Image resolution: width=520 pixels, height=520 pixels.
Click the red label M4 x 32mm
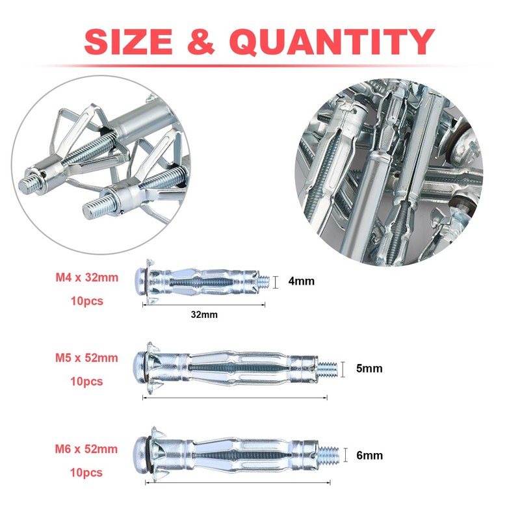pos(87,278)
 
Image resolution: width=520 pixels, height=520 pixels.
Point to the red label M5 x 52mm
pos(87,357)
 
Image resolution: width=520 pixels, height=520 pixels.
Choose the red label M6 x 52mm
pos(87,448)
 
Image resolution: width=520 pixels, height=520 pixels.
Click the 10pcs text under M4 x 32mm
pos(86,302)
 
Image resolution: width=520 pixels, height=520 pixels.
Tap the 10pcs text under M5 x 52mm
pos(86,382)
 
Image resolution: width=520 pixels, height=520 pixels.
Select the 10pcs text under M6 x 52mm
pos(86,473)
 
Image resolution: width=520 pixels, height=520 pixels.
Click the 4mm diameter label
pos(301,281)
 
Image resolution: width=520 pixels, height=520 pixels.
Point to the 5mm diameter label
pos(369,369)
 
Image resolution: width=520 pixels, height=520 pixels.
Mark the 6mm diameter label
pos(369,455)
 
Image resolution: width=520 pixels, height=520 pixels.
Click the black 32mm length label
pos(204,314)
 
